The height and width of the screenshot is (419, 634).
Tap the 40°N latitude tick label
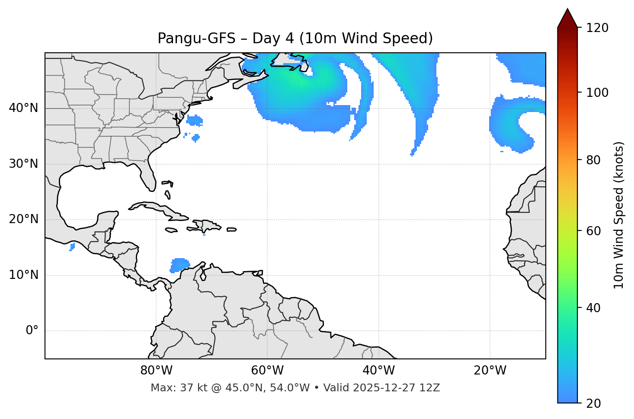coord(23,108)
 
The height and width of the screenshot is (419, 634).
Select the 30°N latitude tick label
coord(23,164)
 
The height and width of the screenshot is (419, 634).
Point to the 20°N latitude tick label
coord(23,219)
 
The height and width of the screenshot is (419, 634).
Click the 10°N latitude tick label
coord(23,275)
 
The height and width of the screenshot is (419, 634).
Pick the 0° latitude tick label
coord(32,331)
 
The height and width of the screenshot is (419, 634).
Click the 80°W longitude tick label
coord(156,371)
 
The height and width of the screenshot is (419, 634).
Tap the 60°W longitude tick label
coord(267,371)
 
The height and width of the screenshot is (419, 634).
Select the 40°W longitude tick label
coord(378,371)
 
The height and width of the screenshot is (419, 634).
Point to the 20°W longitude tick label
coord(490,371)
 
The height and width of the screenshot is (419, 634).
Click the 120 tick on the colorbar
coord(597,28)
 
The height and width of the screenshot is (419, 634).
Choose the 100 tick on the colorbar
coord(597,93)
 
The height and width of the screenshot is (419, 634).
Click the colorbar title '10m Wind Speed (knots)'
coord(619,215)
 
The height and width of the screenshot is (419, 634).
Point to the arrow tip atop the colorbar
coord(567,10)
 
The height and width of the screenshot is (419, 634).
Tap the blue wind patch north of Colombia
coord(179,264)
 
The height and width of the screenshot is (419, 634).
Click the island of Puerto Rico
coord(231,230)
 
